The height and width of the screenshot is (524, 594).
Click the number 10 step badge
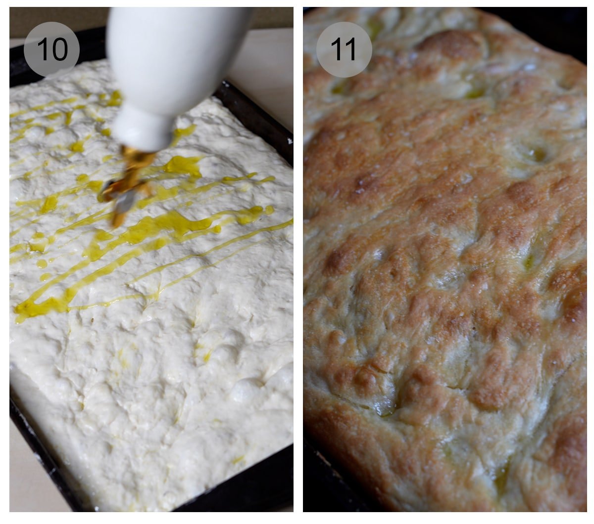(51, 49)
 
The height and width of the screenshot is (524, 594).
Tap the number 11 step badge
(344, 49)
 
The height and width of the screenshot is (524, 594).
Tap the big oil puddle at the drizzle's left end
(30, 309)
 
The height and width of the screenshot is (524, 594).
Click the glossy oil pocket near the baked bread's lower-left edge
(384, 408)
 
